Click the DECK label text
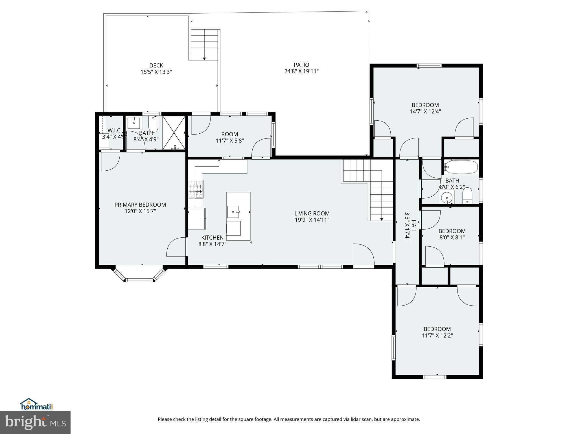click(x=156, y=66)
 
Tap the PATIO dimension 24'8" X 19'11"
click(x=301, y=71)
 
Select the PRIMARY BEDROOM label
click(x=140, y=205)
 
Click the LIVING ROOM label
click(x=312, y=213)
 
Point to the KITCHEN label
click(x=212, y=238)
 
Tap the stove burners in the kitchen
click(x=196, y=188)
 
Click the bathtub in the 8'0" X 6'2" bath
click(x=461, y=167)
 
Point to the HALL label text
click(x=413, y=226)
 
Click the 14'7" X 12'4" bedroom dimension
click(x=425, y=112)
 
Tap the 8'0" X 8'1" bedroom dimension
click(x=452, y=238)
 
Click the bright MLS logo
click(x=35, y=422)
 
